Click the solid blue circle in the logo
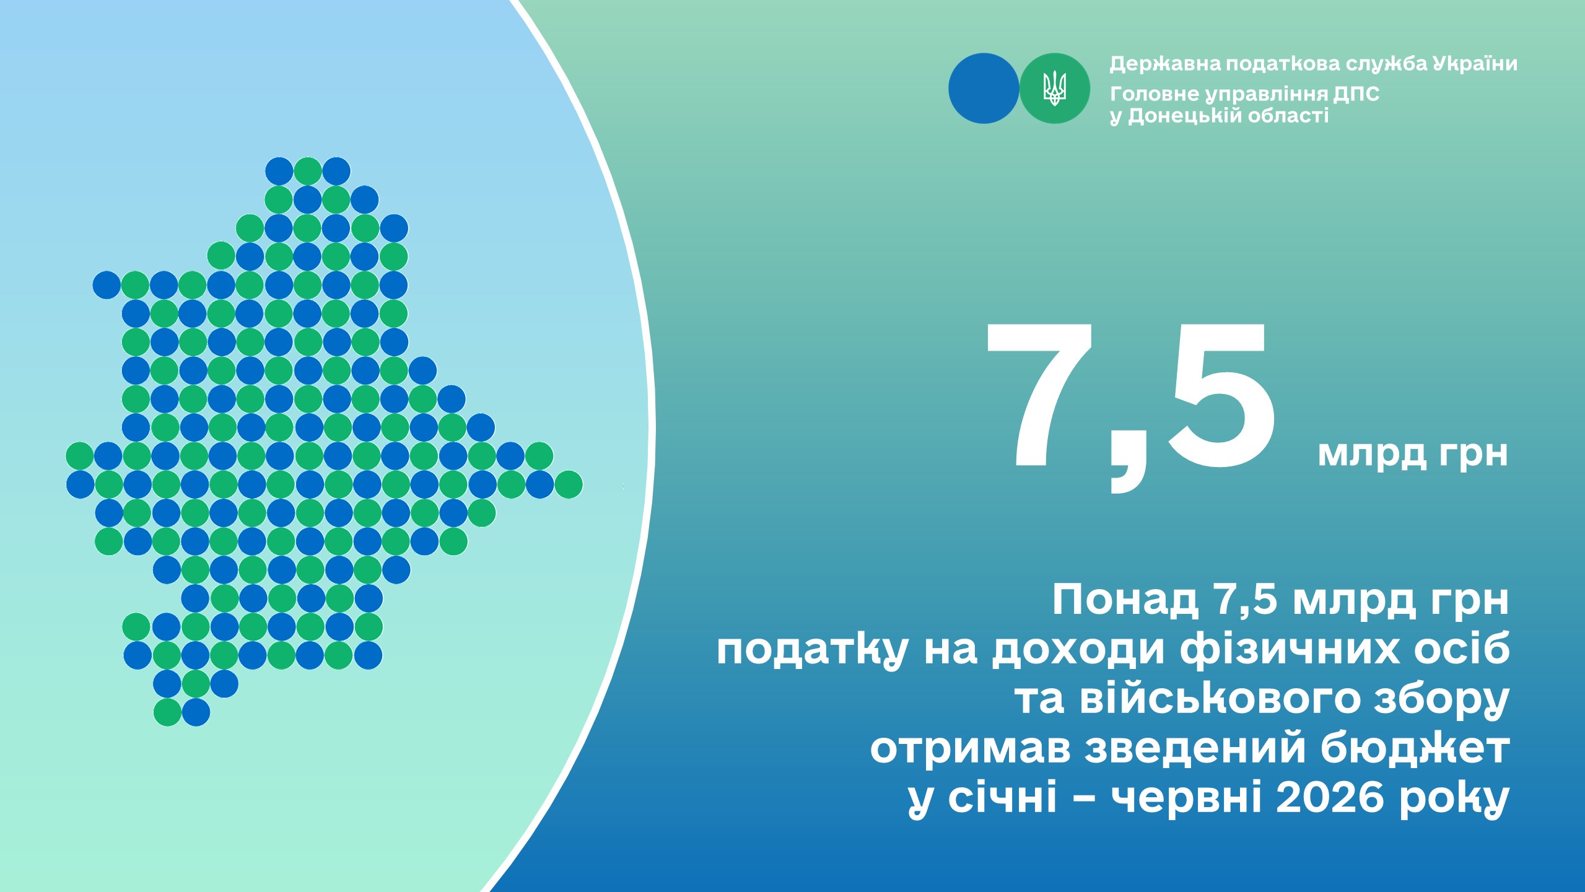pyautogui.click(x=984, y=88)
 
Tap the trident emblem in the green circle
pyautogui.click(x=1055, y=88)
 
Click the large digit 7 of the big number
pyautogui.click(x=1041, y=396)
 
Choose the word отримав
pyautogui.click(x=970, y=750)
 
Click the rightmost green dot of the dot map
pyautogui.click(x=568, y=484)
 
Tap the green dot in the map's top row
pyautogui.click(x=308, y=171)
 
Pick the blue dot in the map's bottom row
pyautogui.click(x=196, y=712)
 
